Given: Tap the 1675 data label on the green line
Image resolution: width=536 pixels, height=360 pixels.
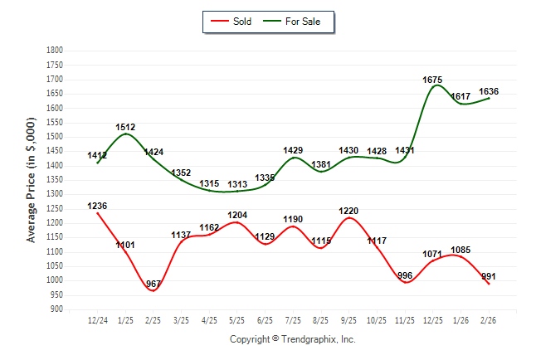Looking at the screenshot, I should (432, 80).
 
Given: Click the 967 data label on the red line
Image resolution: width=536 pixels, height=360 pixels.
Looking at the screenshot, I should (153, 284).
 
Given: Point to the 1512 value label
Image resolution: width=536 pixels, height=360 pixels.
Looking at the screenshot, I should (125, 127).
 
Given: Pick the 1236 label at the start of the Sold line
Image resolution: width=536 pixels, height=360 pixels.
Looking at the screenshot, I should (97, 206).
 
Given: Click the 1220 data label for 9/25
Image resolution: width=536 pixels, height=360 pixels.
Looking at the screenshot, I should (348, 211).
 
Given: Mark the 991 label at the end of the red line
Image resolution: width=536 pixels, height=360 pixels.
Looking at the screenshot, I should (489, 276).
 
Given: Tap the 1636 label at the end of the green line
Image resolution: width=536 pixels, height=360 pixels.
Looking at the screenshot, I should (489, 91).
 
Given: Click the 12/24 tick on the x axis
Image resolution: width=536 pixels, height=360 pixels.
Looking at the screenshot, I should (97, 320).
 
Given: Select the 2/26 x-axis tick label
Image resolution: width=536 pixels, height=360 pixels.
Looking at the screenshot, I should (489, 320).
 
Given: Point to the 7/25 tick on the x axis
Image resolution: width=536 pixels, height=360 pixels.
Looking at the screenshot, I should (293, 320).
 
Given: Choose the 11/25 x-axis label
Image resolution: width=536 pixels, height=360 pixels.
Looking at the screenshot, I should (405, 320).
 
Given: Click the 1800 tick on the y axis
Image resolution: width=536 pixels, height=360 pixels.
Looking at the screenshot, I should (55, 51).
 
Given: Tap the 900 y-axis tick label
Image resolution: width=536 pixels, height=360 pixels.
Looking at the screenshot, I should (57, 309).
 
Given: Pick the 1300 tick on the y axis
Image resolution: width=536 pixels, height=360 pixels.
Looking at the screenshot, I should (55, 194).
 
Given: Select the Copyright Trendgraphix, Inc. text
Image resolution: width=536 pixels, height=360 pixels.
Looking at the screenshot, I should (292, 339).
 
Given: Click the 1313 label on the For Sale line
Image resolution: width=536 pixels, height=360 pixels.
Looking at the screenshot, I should (237, 184).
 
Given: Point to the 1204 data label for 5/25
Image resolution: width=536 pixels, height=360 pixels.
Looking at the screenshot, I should (237, 215).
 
